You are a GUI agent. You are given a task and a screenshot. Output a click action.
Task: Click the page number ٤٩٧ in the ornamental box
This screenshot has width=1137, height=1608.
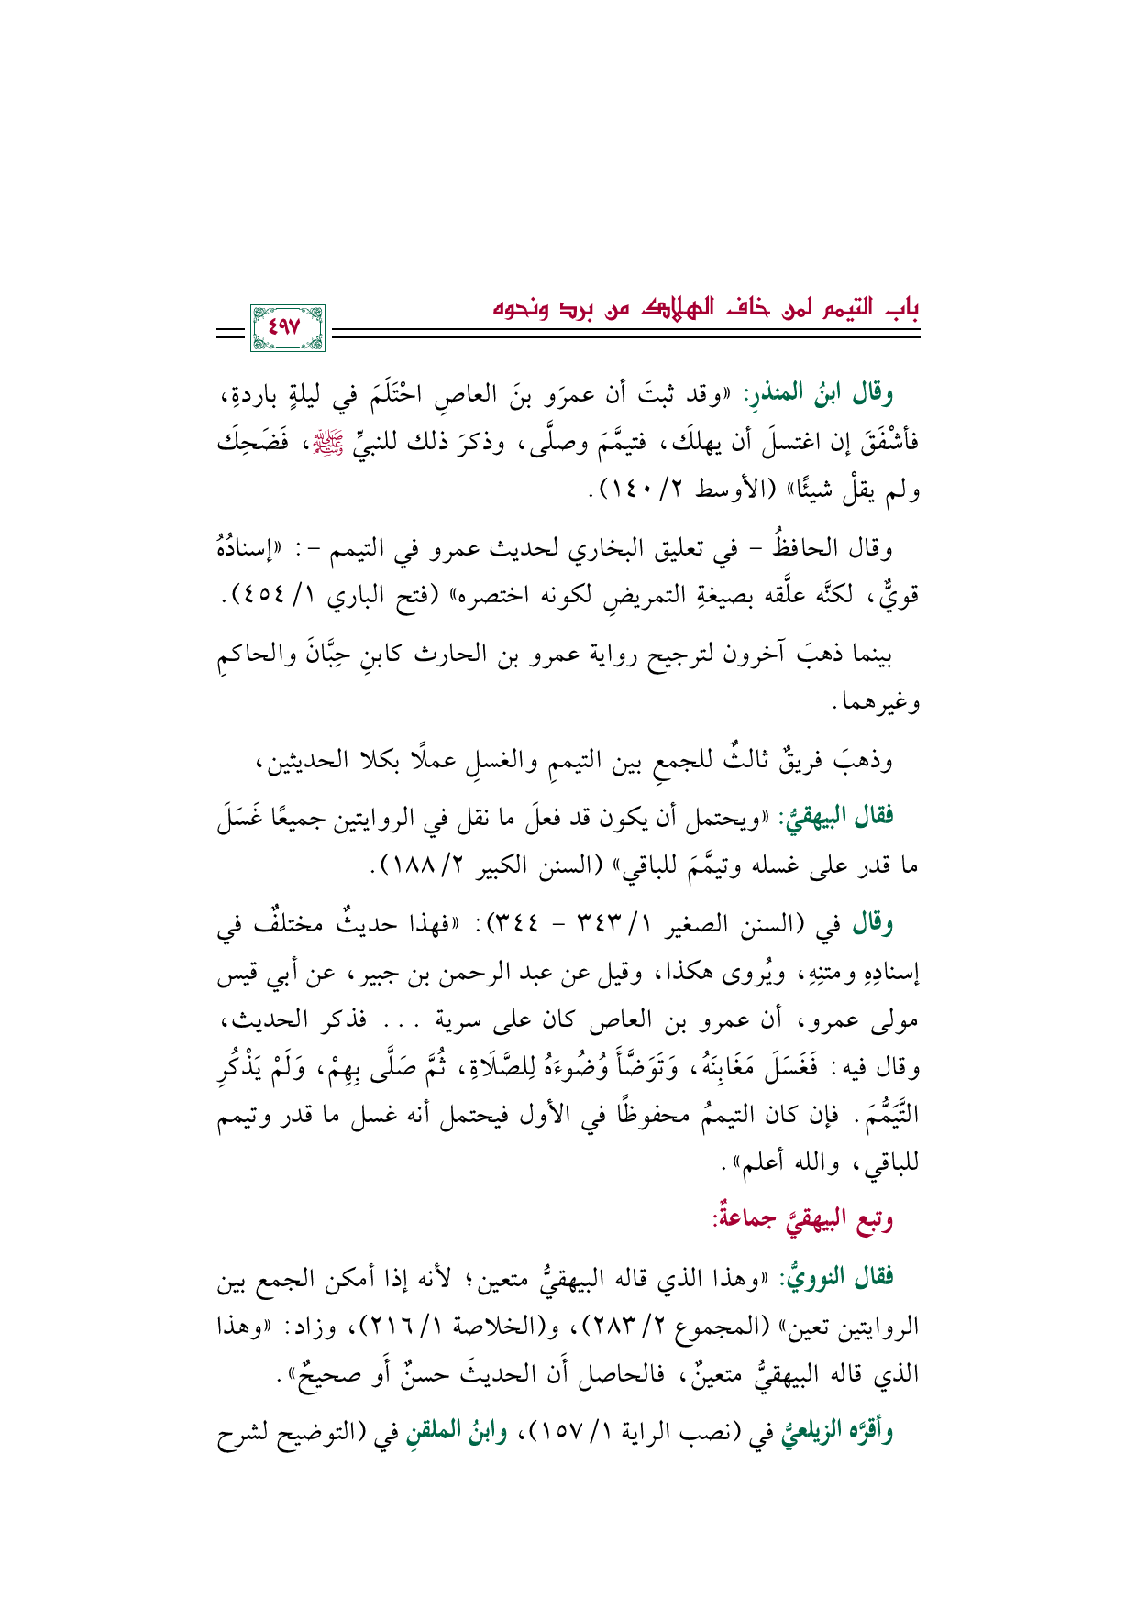(289, 326)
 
